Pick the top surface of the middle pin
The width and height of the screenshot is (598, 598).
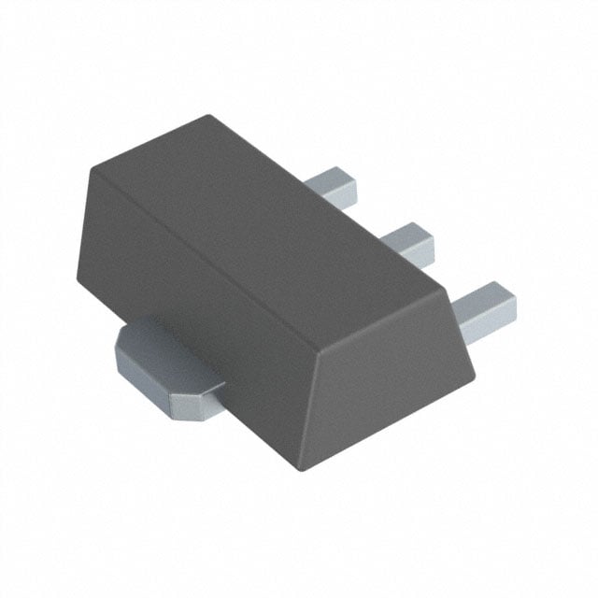coord(404,233)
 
